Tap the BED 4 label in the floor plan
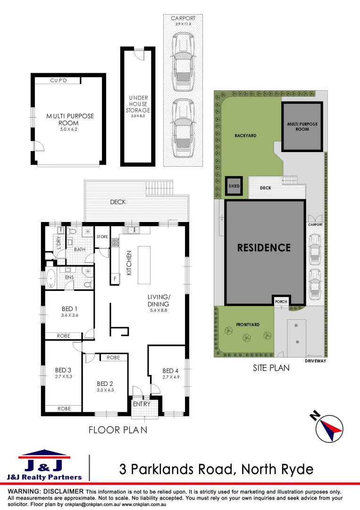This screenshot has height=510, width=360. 171,371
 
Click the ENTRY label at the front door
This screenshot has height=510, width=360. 142,404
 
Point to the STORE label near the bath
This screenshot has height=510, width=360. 102,237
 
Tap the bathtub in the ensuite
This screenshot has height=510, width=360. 51,279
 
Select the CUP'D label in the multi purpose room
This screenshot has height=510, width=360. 59,81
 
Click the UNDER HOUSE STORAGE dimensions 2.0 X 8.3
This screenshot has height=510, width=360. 138,116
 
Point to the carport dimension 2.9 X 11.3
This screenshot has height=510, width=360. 183,24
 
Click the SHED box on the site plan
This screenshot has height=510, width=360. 234,186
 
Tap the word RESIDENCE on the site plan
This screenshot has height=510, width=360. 264,247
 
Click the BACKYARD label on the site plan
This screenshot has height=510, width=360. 245,136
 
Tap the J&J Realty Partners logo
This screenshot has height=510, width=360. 44,465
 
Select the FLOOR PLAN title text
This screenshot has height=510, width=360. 117,430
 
